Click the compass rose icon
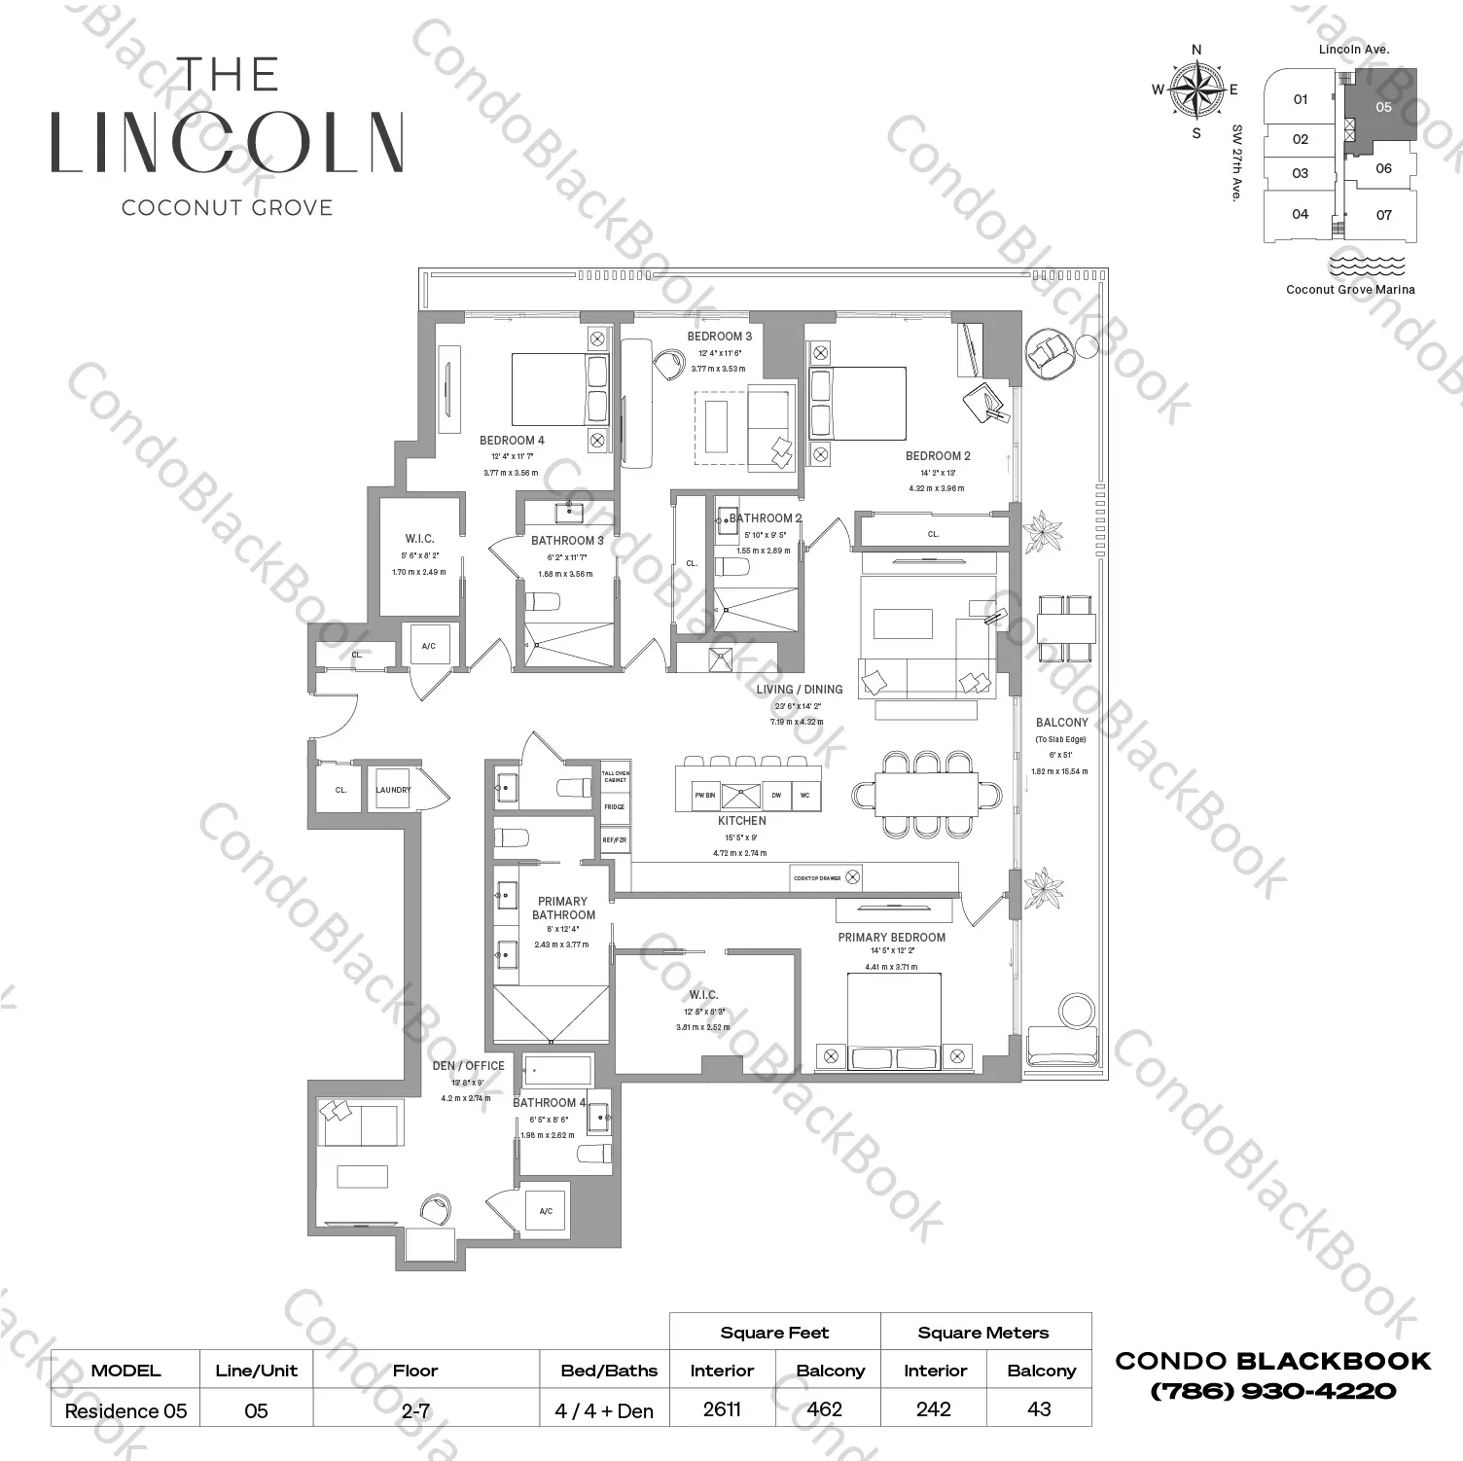pos(1196,90)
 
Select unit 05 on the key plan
pos(1383,107)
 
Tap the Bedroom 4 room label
pos(512,441)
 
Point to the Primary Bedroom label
pos(891,938)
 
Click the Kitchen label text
pos(741,821)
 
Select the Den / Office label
pos(468,1066)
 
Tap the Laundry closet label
pos(393,790)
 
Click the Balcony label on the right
pos(1061,723)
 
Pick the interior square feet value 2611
pos(722,1409)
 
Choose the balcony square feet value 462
pos(830,1409)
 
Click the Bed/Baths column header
pos(609,1371)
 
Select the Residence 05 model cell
pos(125,1410)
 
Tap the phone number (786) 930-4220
pos(1272,1391)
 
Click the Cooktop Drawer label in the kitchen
pos(817,877)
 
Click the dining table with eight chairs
pos(927,795)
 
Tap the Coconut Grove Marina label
pos(1350,289)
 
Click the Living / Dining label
pos(800,690)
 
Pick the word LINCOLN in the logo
pos(227,143)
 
